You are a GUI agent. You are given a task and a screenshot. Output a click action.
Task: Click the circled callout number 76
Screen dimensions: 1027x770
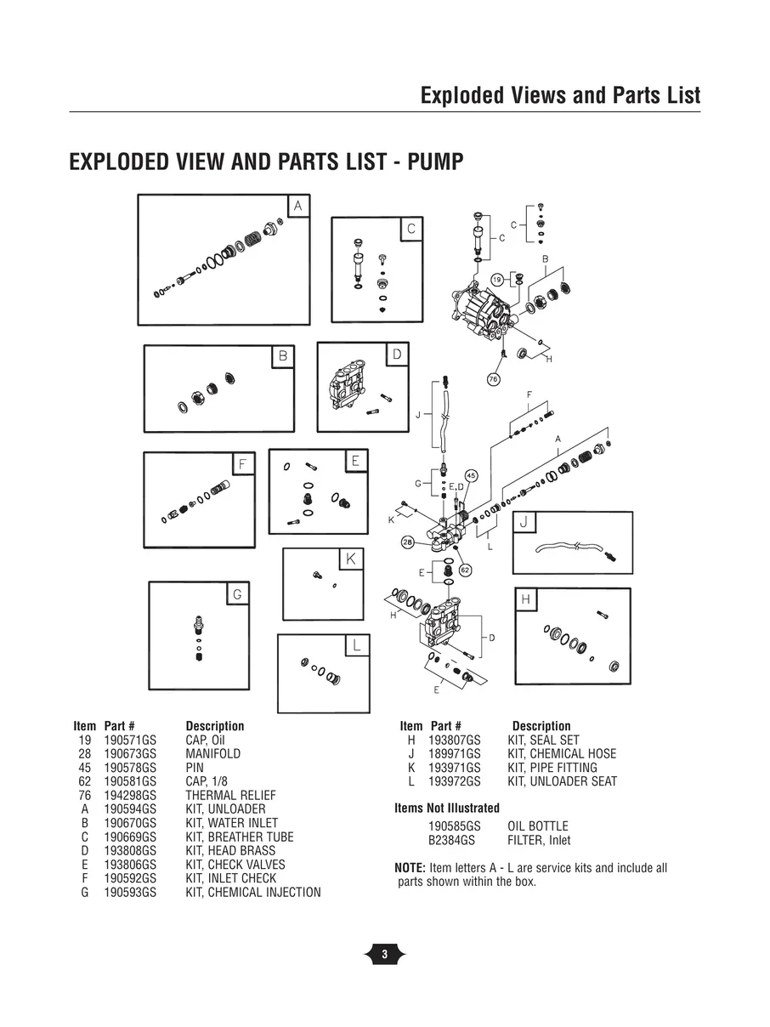click(x=493, y=379)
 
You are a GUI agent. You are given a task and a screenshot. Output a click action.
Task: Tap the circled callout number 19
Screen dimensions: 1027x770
click(x=498, y=280)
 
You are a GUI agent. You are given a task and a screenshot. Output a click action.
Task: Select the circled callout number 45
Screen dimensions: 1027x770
click(x=471, y=475)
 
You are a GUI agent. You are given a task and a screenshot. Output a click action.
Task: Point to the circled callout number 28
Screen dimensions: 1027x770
click(x=408, y=542)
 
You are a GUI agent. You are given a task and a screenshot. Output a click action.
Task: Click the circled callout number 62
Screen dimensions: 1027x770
click(x=465, y=570)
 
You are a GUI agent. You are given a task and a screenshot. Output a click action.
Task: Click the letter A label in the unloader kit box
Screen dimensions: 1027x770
click(x=298, y=206)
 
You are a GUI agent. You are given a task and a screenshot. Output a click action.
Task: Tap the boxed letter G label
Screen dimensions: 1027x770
click(x=238, y=595)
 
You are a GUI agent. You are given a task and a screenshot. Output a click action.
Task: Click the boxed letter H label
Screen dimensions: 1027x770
click(x=526, y=599)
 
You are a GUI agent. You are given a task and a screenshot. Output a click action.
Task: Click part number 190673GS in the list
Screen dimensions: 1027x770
click(x=130, y=754)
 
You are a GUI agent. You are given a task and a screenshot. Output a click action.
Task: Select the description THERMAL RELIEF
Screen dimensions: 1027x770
click(x=218, y=796)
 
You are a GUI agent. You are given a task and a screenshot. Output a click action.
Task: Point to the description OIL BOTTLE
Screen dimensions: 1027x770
click(x=537, y=826)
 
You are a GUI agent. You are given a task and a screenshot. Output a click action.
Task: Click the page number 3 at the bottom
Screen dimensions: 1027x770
click(x=384, y=955)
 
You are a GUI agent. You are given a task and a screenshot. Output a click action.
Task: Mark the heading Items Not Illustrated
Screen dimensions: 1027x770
click(x=447, y=809)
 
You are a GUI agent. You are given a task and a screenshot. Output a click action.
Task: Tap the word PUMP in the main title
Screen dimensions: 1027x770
click(x=435, y=162)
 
